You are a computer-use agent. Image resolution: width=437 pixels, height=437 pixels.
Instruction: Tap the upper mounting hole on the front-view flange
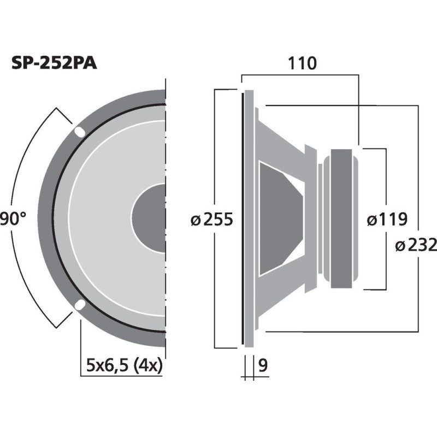[x=80, y=132]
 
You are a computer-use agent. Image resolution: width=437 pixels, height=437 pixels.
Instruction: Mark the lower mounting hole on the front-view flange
[x=80, y=305]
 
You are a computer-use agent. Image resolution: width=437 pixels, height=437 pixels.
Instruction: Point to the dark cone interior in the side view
[x=279, y=218]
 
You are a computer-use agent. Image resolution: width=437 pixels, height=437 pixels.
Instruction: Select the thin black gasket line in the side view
[x=241, y=218]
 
